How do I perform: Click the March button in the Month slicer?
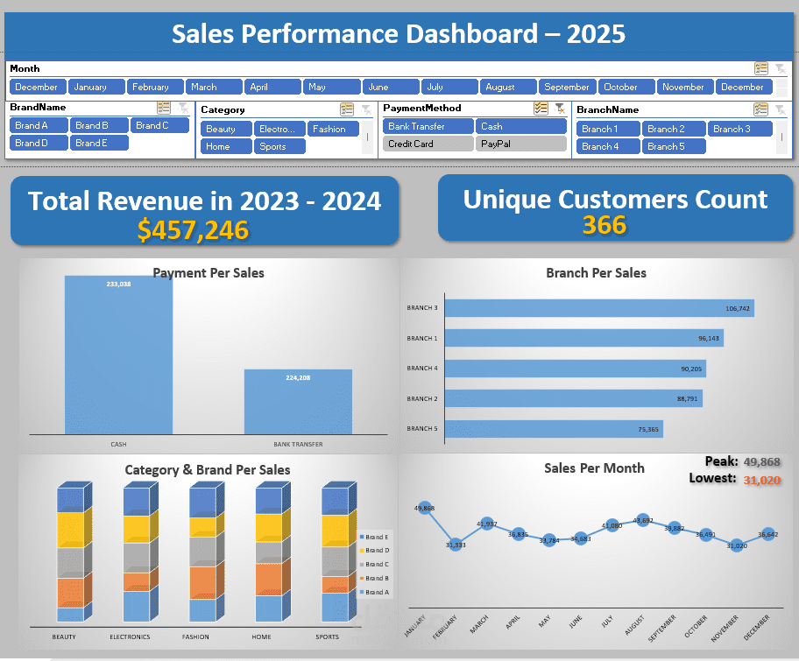click(x=214, y=87)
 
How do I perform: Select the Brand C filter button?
click(x=160, y=125)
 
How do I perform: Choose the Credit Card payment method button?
click(x=427, y=144)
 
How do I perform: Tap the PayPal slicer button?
click(x=521, y=144)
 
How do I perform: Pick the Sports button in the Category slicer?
click(x=279, y=146)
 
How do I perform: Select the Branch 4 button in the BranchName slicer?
click(x=607, y=146)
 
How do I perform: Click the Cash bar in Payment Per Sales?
click(x=118, y=355)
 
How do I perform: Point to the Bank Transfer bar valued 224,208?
click(x=298, y=401)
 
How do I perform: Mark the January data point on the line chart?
click(x=426, y=508)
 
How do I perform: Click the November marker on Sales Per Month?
click(x=738, y=545)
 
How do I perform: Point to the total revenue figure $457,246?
click(x=193, y=230)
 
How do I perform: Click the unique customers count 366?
click(x=605, y=226)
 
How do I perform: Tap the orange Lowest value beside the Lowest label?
click(x=760, y=479)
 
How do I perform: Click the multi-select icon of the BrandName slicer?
click(x=164, y=107)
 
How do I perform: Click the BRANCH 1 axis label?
click(x=422, y=338)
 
